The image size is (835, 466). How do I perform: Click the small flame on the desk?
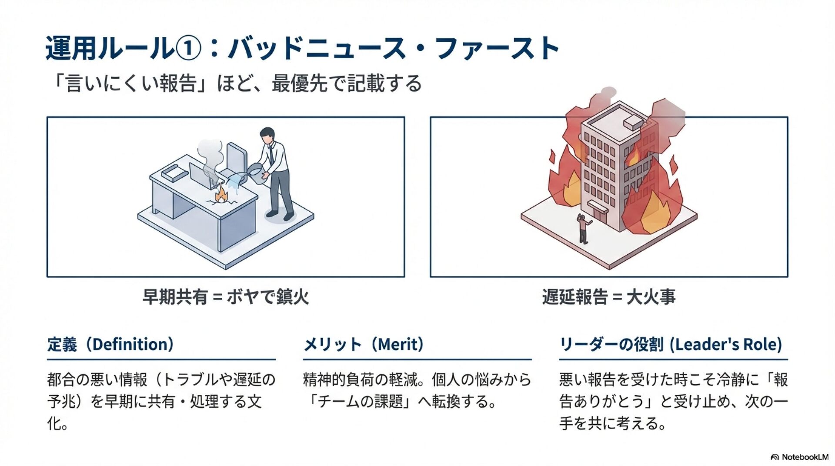click(x=221, y=194)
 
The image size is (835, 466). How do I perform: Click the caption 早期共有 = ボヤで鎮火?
click(x=225, y=297)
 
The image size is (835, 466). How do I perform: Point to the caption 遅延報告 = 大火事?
click(x=608, y=297)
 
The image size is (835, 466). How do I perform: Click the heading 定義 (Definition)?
click(x=110, y=344)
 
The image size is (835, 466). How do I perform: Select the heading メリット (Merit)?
click(x=364, y=344)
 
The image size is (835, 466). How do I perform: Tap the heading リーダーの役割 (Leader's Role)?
click(x=670, y=344)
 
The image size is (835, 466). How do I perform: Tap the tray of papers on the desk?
click(x=174, y=173)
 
